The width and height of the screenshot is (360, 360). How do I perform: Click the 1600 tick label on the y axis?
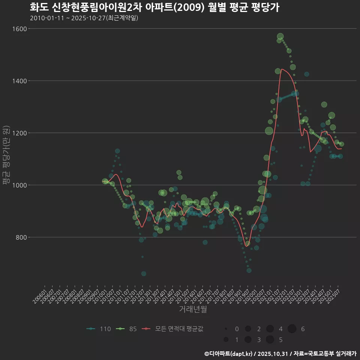(x=19, y=29)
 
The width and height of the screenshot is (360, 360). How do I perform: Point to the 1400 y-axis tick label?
(x=19, y=81)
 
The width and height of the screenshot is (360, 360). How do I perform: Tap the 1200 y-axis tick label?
(x=19, y=133)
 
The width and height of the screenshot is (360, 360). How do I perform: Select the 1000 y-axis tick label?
(x=19, y=185)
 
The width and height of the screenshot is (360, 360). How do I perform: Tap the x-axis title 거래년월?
(x=193, y=309)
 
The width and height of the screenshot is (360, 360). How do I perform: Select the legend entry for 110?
(x=99, y=329)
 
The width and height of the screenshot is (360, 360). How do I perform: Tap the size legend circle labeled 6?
(x=292, y=329)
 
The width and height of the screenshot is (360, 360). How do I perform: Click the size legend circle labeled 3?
(x=248, y=340)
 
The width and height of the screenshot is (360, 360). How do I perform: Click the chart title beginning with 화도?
(x=154, y=7)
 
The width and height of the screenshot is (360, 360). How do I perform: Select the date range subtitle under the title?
(x=84, y=18)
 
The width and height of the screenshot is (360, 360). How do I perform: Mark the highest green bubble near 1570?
(x=280, y=36)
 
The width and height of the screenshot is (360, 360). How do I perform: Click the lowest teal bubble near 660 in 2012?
(x=144, y=273)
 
